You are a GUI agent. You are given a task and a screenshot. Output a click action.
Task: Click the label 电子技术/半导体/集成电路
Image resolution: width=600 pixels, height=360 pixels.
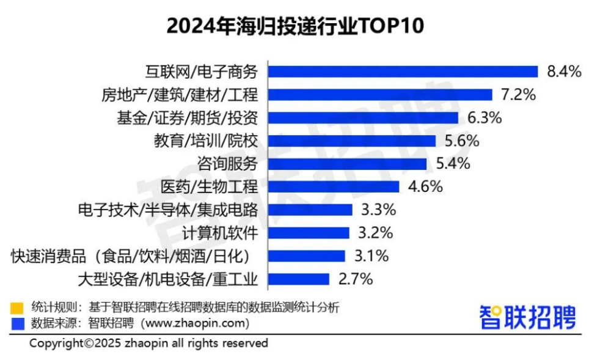pos(168,210)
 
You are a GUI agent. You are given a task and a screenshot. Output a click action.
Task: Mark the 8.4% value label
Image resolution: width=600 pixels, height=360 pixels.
pos(563,72)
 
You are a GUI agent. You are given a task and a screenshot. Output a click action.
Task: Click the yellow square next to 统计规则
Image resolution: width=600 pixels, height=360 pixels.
pos(17,307)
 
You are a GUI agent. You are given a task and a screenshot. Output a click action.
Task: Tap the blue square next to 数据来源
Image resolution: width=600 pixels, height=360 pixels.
pos(17,321)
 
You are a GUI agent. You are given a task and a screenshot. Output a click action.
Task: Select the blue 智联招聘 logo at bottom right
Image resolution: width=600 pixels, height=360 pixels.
pos(527,316)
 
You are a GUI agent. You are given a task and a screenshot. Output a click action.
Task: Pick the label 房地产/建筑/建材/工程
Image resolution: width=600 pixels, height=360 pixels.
pos(180,95)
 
